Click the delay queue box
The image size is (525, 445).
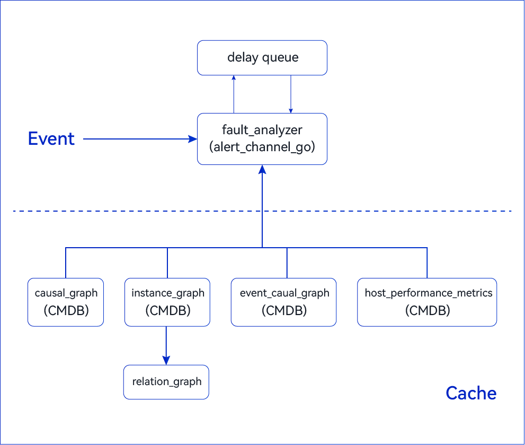point(262,58)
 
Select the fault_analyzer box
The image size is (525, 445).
point(262,139)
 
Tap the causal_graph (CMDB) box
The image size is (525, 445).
point(66,302)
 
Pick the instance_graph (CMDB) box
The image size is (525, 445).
point(167,302)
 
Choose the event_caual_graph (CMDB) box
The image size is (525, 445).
point(283,302)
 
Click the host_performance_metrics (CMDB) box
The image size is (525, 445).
point(427,302)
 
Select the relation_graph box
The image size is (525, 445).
point(166,382)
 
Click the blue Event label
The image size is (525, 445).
point(51,138)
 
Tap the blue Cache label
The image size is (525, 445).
point(471,393)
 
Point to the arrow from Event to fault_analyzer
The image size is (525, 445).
point(140,139)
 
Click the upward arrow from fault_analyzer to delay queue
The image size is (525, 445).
point(234,94)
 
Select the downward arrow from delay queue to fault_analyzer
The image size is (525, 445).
point(291,94)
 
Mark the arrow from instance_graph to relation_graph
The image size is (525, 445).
point(166,345)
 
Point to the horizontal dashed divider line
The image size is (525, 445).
point(262,211)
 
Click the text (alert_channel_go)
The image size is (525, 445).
point(262,147)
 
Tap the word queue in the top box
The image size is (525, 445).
point(280,58)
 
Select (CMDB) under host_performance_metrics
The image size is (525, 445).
point(428,310)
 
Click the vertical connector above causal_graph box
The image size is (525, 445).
point(66,263)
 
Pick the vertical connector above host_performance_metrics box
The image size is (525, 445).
point(427,263)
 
